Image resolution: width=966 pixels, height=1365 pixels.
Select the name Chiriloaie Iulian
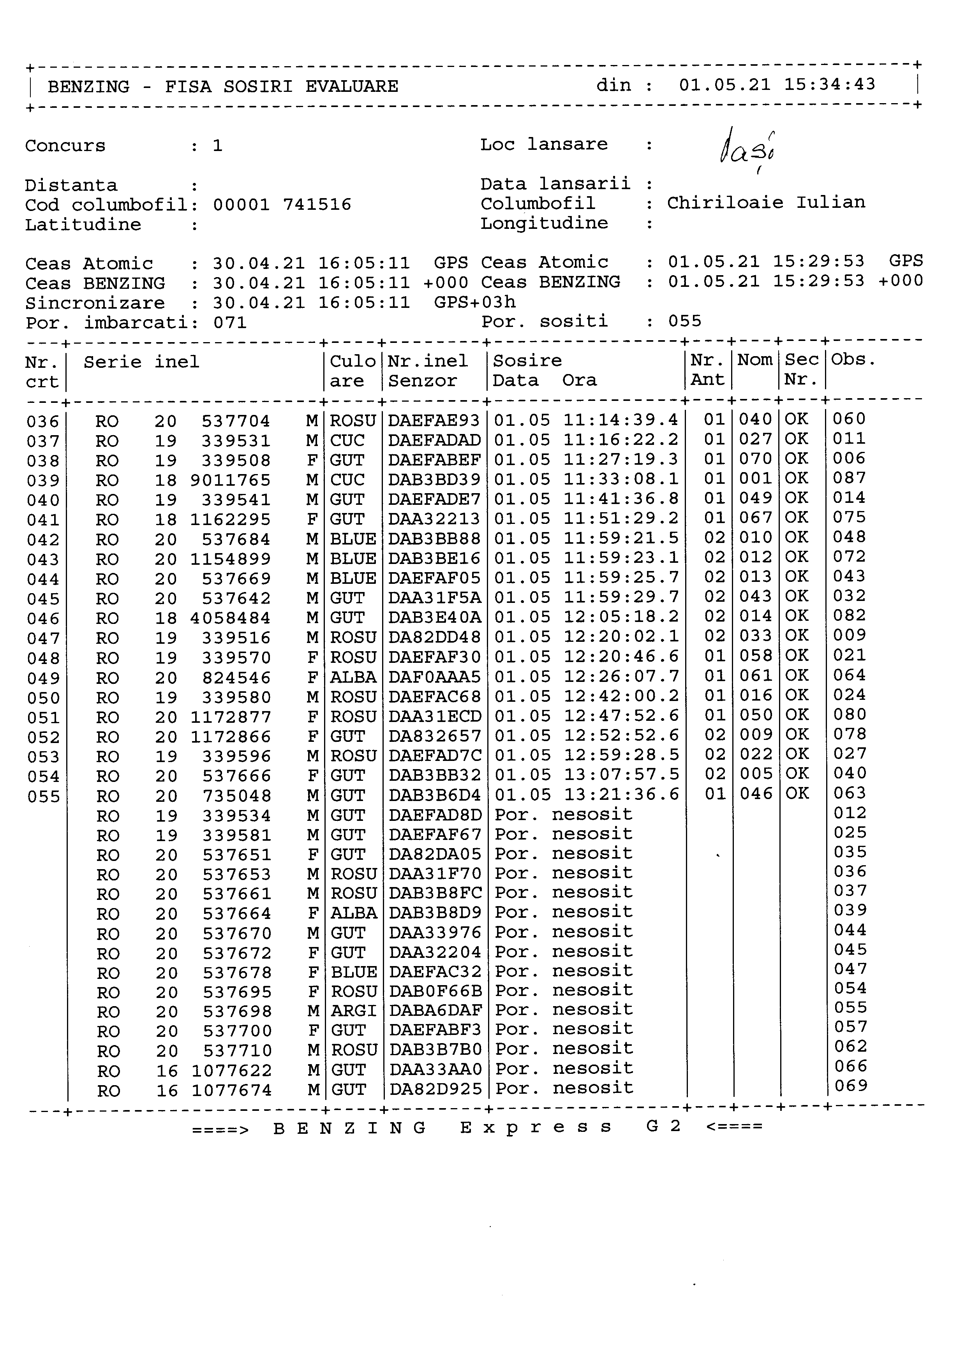click(765, 203)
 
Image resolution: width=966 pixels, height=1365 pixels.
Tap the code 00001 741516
click(282, 205)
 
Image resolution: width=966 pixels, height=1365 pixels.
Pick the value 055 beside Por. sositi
click(685, 321)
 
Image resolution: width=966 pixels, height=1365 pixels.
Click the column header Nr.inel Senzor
click(428, 371)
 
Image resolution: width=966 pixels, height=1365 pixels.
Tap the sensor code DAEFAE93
click(434, 421)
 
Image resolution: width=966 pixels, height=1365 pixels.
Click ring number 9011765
click(230, 480)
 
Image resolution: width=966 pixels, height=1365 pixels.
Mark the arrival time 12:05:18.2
click(620, 617)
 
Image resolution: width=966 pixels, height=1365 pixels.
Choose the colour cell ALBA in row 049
click(353, 678)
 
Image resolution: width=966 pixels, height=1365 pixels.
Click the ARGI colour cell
click(353, 1011)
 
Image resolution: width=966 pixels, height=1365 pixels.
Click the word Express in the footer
click(535, 1127)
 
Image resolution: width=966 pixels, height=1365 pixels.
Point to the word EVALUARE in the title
click(352, 87)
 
